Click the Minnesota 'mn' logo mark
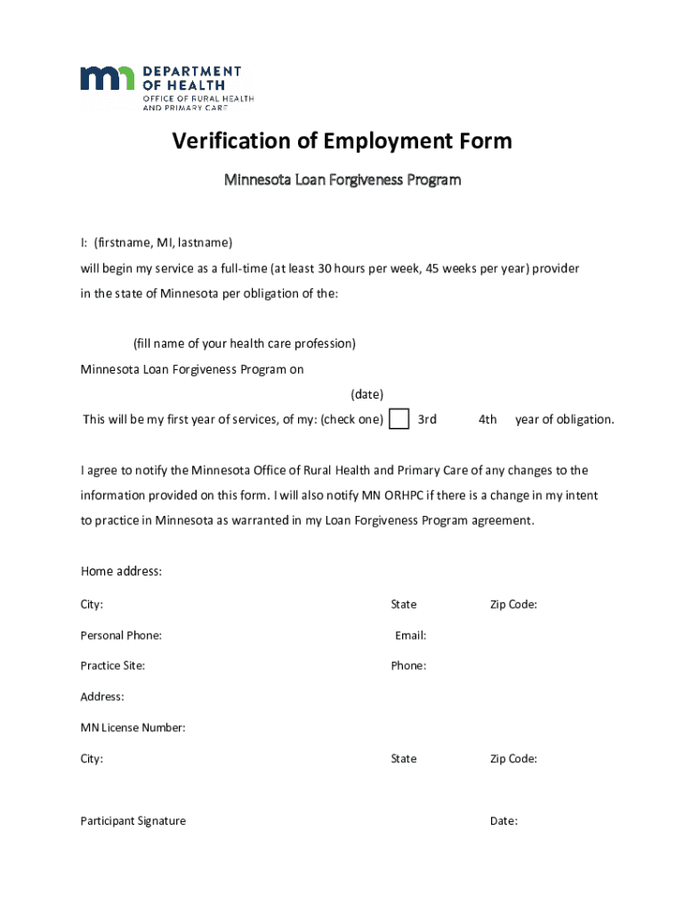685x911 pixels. pos(107,78)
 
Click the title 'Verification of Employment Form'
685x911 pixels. pos(342,141)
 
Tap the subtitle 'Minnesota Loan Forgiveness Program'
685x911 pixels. pos(342,181)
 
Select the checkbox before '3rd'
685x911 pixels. pos(400,419)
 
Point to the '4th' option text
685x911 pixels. pos(488,420)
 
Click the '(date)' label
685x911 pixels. pos(367,394)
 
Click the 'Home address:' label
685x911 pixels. pos(121,571)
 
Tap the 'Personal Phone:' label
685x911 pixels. pos(121,635)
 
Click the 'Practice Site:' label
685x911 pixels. pos(113,665)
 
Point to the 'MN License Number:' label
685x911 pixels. pos(133,728)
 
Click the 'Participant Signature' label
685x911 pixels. pos(133,821)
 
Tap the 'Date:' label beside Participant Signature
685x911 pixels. pos(504,821)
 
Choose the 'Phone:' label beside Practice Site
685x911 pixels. pos(408,665)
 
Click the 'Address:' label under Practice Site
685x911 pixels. pos(102,697)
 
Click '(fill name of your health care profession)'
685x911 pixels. pos(245,343)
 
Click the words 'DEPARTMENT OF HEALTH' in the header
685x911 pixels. pos(192,77)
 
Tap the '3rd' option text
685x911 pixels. pos(427,420)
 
